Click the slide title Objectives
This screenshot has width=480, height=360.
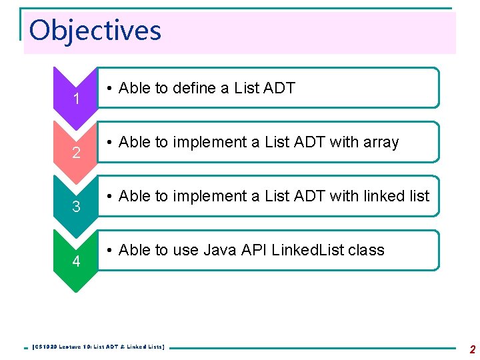(x=95, y=31)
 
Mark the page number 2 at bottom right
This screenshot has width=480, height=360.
(x=472, y=349)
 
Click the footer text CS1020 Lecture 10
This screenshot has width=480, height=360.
(x=67, y=347)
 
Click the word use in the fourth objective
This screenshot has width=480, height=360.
(x=185, y=251)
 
